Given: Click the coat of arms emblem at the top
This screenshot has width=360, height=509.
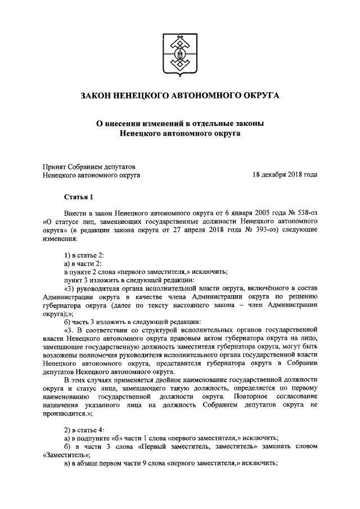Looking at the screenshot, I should [x=180, y=55].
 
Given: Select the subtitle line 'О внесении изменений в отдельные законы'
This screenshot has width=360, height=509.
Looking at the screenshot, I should [x=180, y=123].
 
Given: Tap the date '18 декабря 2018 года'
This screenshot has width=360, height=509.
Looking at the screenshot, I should [x=285, y=175].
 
